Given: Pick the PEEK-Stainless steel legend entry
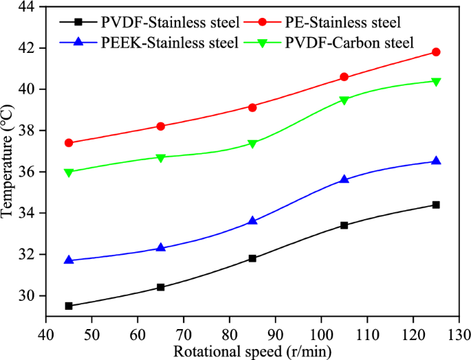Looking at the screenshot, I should pyautogui.click(x=148, y=43).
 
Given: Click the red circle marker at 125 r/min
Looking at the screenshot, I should pyautogui.click(x=436, y=52).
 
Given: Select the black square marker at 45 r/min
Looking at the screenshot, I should pyautogui.click(x=69, y=306).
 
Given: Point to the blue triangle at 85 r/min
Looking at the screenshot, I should pyautogui.click(x=252, y=221).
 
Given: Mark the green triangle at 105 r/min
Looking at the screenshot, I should pyautogui.click(x=344, y=100).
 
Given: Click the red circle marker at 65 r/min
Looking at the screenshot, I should pyautogui.click(x=161, y=126).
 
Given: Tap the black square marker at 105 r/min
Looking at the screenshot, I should pyautogui.click(x=344, y=225).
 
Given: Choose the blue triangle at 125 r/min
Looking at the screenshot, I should pyautogui.click(x=436, y=161).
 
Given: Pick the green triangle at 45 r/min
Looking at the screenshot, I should pyautogui.click(x=69, y=172).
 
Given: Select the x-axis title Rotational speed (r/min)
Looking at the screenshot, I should pyautogui.click(x=252, y=351).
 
